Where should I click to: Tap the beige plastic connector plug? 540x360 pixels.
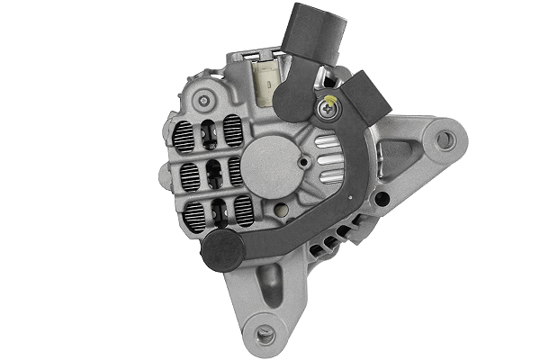coord(267,78)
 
